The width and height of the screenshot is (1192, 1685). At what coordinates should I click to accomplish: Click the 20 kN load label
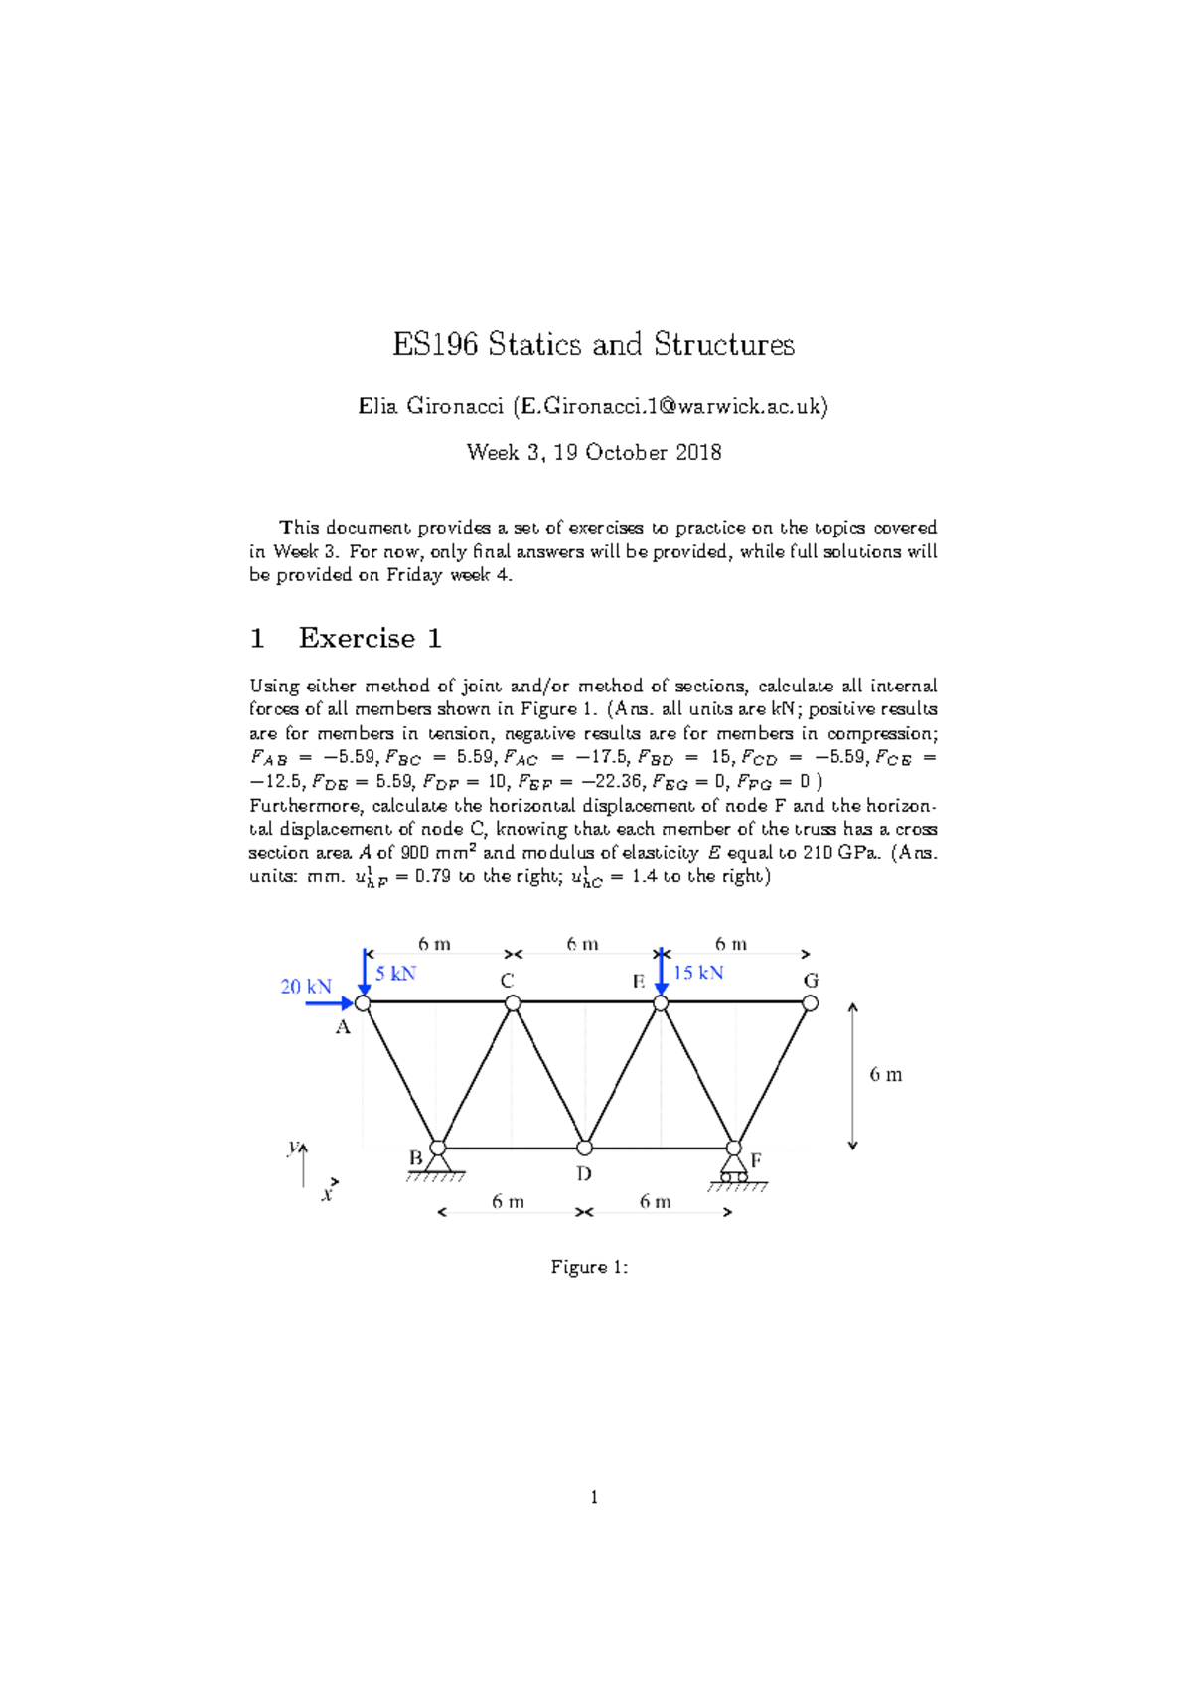click(306, 987)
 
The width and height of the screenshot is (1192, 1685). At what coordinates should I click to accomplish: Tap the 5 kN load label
click(396, 974)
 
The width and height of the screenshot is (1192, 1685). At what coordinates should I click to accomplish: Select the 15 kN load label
click(698, 973)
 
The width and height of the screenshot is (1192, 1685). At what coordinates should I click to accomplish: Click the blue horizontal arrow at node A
click(330, 1003)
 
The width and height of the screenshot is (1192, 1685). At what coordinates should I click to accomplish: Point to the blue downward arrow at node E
click(662, 972)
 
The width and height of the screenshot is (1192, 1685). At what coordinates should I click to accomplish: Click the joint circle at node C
click(513, 1003)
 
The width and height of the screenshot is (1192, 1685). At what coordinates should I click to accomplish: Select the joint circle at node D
click(585, 1148)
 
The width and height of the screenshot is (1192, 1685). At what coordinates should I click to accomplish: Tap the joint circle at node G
click(811, 1003)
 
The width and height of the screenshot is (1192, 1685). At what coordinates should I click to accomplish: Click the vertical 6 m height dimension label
click(886, 1074)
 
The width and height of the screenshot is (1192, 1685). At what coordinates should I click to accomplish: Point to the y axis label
click(293, 1147)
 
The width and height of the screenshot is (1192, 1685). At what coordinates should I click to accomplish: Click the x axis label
click(326, 1195)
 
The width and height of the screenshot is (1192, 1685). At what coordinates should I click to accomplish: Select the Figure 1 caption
click(589, 1267)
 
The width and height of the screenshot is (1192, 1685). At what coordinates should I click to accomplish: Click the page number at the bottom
click(594, 1497)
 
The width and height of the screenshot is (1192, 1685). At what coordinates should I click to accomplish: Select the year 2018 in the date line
click(698, 453)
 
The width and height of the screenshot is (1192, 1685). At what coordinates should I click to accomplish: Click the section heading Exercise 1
click(370, 638)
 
